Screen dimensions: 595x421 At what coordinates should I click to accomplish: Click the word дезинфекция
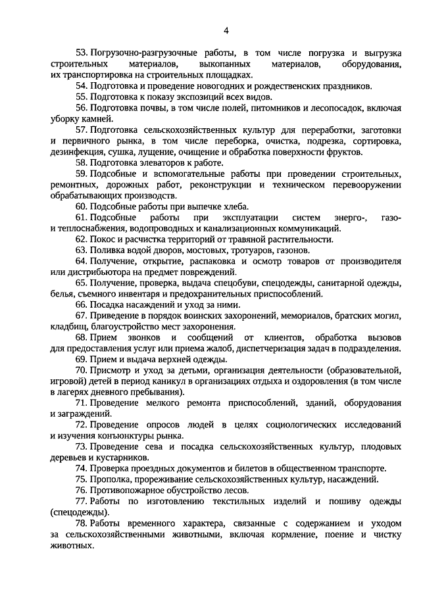pos(76,152)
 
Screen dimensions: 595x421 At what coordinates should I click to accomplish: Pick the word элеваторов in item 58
pos(159,162)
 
